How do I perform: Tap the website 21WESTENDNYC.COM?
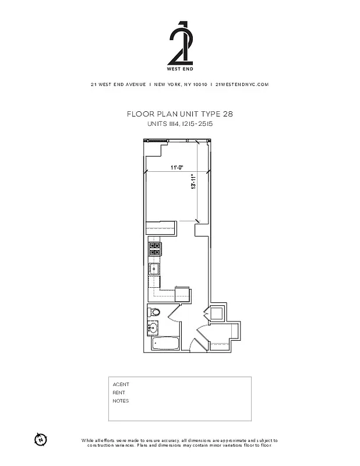coord(242,84)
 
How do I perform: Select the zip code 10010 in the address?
coord(200,84)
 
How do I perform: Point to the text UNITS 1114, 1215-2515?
coord(179,124)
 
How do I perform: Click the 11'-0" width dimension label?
coord(177,168)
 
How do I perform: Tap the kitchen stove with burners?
coord(155,249)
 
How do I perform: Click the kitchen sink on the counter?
coord(154,270)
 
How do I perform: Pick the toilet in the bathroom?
coord(154,313)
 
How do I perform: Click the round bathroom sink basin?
coord(154,329)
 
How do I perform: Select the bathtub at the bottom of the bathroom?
coord(165,344)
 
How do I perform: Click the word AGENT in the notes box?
coord(121,384)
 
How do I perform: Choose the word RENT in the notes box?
coord(119,393)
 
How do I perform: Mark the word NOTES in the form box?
coord(121,401)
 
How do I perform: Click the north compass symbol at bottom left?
coord(40,439)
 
